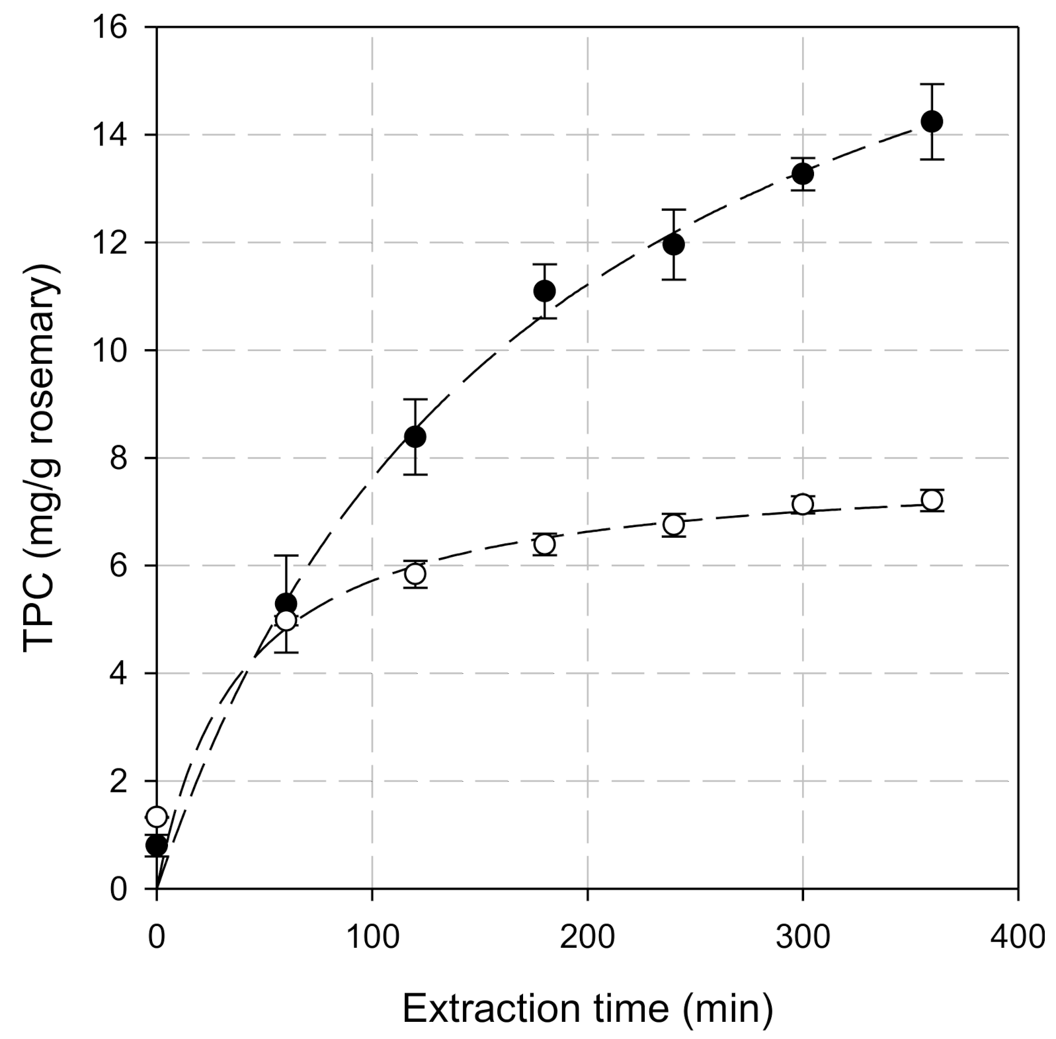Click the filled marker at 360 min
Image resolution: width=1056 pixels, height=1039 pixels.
point(931,122)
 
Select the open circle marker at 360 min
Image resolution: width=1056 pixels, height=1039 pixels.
point(931,500)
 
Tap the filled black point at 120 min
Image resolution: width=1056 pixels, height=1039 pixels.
point(415,436)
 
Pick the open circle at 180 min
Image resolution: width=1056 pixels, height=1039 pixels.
point(544,544)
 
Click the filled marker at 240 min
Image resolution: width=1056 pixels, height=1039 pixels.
point(673,245)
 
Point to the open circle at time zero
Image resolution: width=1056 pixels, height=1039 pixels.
point(157,817)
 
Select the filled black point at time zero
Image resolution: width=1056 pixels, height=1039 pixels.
point(157,845)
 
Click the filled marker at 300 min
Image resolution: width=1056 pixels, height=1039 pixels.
point(802,174)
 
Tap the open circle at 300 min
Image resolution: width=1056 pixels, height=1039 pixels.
point(802,504)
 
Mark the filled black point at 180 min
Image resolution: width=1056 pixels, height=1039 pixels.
point(544,291)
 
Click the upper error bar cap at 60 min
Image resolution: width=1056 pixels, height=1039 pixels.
point(286,556)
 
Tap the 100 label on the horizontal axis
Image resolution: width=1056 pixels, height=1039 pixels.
point(372,938)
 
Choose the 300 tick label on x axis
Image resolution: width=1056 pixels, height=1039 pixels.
point(802,938)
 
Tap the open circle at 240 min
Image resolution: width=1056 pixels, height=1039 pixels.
point(673,524)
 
